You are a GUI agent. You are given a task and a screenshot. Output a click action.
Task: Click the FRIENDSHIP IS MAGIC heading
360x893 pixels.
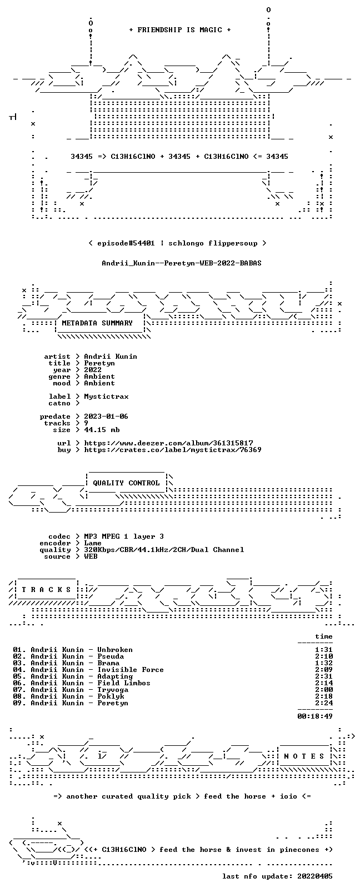(180, 30)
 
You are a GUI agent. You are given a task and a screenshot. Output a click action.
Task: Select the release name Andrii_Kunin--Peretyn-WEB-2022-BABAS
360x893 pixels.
(182, 263)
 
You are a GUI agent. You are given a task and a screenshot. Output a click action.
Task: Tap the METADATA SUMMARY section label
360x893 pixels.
(97, 323)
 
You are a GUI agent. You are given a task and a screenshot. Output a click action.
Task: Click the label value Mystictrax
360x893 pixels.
(106, 397)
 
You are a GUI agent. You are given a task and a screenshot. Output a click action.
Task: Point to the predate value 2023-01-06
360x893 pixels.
(106, 417)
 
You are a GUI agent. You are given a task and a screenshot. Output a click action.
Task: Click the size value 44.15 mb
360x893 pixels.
(102, 430)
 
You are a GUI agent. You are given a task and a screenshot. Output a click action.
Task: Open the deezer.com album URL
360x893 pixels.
(168, 443)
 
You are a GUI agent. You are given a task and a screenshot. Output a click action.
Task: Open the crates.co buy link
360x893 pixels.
(173, 450)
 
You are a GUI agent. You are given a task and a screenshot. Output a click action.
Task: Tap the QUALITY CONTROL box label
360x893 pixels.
(126, 483)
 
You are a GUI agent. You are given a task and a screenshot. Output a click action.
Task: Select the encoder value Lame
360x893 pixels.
(92, 543)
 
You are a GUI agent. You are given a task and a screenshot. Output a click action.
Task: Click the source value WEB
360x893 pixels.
(91, 556)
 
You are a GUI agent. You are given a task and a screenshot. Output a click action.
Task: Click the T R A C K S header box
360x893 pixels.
(46, 590)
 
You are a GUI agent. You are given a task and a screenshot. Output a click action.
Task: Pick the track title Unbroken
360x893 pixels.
(115, 650)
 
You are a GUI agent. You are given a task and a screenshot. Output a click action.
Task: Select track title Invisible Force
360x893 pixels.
(131, 670)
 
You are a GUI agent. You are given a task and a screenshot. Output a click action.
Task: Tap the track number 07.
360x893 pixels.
(17, 690)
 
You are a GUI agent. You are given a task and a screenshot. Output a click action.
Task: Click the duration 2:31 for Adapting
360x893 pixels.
(324, 676)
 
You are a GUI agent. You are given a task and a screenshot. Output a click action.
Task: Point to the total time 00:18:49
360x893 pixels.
(315, 716)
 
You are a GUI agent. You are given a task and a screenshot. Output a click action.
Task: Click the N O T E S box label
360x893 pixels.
(304, 756)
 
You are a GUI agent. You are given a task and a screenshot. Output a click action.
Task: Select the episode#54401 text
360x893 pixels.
(126, 243)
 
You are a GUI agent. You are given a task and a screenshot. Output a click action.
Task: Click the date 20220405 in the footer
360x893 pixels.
(315, 876)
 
